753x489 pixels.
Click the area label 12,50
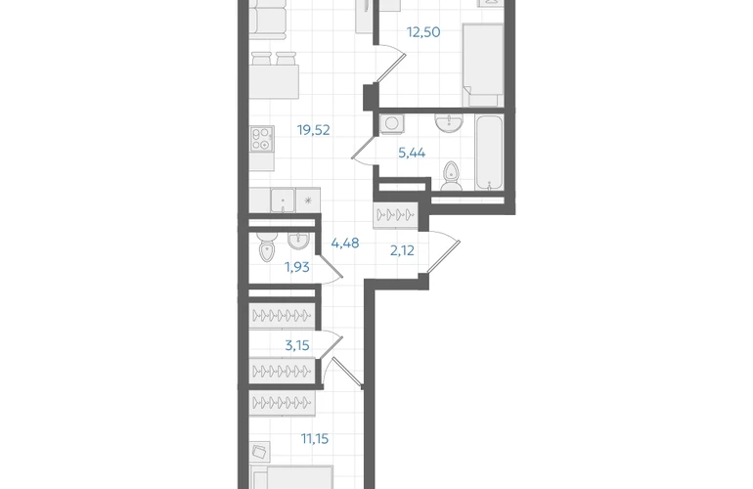coord(423,32)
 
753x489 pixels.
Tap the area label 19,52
coord(313,130)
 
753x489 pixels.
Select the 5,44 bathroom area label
coord(412,154)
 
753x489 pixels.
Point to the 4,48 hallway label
coord(345,244)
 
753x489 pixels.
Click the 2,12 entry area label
coord(402,250)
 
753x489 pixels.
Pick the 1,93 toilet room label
coord(296,267)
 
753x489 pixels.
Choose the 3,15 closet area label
coord(296,345)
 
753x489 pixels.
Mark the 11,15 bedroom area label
coord(315,438)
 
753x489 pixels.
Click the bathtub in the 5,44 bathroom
coord(489,153)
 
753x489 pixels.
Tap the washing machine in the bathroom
coord(391,123)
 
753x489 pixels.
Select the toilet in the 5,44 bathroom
coord(451,176)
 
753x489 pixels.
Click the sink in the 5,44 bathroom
coord(449,122)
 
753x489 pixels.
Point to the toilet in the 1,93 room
coord(266,246)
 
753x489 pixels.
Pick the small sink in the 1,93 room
coord(298,241)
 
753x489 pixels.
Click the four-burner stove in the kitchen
coord(262,139)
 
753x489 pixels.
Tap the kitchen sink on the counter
coord(283,200)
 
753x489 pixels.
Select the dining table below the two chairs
coord(274,82)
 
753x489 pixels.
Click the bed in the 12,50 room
coord(483,65)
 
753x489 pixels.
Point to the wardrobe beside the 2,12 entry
coord(395,215)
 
